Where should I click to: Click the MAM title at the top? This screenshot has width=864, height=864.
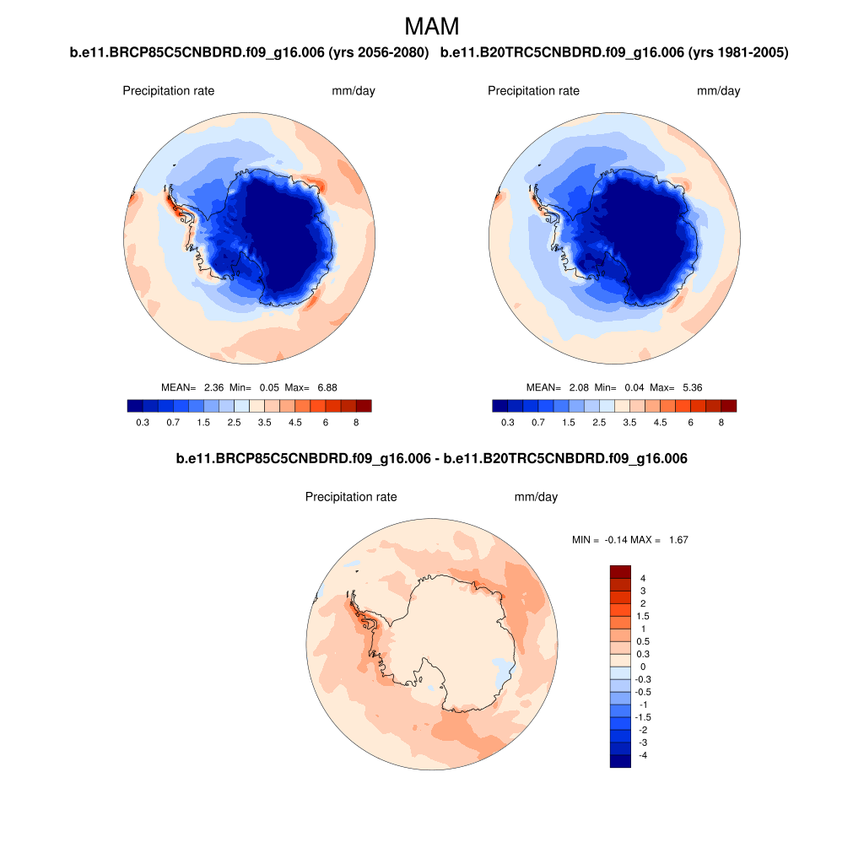[432, 26]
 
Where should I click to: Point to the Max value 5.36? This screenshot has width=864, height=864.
[688, 387]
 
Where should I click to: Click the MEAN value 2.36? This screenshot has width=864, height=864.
[213, 387]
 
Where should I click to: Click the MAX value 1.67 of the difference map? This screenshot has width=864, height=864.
[678, 539]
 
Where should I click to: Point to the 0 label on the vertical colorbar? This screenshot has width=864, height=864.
[643, 667]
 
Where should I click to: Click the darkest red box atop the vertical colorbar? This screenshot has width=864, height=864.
[620, 571]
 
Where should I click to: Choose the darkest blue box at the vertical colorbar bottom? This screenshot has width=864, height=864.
[620, 761]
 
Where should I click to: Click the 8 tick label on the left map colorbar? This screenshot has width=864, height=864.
[356, 422]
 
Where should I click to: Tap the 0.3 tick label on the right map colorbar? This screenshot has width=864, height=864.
[507, 422]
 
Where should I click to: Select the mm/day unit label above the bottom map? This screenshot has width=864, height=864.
[536, 497]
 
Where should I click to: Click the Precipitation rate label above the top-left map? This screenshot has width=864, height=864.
[169, 91]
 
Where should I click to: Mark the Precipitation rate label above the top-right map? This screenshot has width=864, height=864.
[533, 91]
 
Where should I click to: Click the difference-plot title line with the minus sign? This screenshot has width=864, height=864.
[432, 459]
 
